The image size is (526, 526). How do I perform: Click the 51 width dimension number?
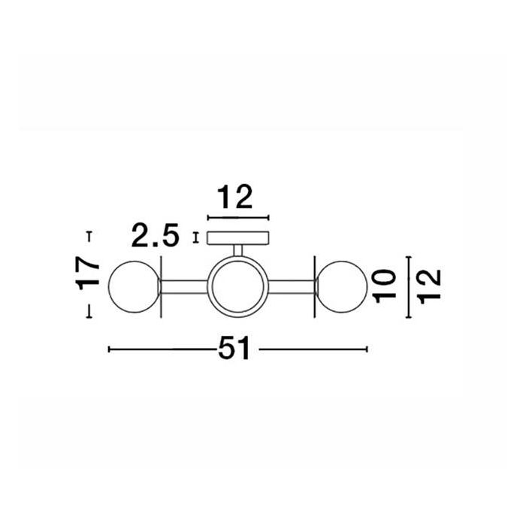[234, 349]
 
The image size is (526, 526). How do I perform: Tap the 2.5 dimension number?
[155, 235]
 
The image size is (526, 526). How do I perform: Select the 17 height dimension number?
[88, 274]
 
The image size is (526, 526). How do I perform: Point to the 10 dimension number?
[385, 286]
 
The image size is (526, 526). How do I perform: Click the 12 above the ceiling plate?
[234, 197]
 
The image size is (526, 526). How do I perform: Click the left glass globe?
[135, 287]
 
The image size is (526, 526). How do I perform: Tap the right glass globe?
[341, 287]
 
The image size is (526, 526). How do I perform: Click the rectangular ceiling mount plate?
[238, 238]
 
